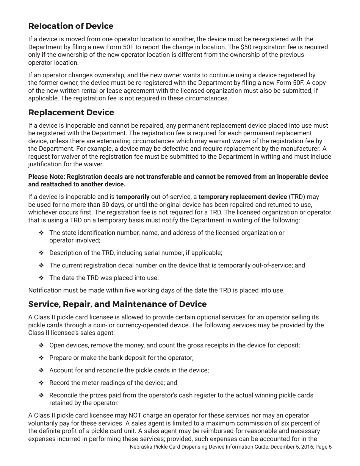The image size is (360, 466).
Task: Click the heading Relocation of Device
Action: pos(70,26)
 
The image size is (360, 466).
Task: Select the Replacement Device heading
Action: pos(71,113)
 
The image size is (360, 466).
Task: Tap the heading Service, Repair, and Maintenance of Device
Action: pos(117,304)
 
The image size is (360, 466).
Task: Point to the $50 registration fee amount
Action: pos(245,47)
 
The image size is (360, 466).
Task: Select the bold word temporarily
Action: pos(133,197)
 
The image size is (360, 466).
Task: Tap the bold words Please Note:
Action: pos(46,177)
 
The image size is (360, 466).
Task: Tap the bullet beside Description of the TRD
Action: pos(41,253)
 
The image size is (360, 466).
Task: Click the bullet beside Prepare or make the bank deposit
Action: pos(41,358)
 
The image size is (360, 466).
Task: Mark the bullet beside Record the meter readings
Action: pos(41,383)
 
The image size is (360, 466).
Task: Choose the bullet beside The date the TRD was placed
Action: pos(41,278)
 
